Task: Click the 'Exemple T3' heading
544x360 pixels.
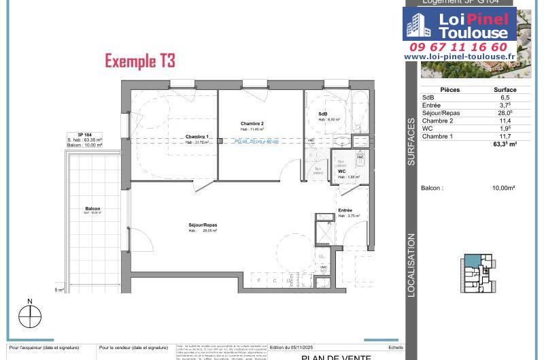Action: click(x=140, y=61)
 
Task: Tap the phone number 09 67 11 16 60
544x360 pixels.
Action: click(x=458, y=47)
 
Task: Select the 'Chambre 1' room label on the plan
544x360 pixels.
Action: click(x=197, y=137)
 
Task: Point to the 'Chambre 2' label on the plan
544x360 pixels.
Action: click(x=252, y=123)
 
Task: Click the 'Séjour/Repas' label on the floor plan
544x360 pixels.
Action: click(x=203, y=225)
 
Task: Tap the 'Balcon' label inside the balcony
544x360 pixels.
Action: click(x=93, y=209)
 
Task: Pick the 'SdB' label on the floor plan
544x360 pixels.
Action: click(x=323, y=114)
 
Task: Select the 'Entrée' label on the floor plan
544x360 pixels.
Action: click(x=345, y=210)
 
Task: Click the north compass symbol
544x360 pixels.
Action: click(x=30, y=316)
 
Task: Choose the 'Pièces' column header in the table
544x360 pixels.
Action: click(x=450, y=90)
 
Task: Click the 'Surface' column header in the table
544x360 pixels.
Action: click(x=505, y=90)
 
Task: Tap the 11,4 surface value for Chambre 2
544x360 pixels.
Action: click(x=505, y=121)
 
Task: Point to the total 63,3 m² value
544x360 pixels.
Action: click(x=505, y=144)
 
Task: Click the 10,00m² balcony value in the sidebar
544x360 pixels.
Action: click(x=503, y=188)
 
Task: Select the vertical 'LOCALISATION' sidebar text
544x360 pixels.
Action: click(x=411, y=265)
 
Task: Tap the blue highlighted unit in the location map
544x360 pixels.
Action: click(x=471, y=261)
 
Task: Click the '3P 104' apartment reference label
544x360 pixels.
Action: click(x=85, y=135)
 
